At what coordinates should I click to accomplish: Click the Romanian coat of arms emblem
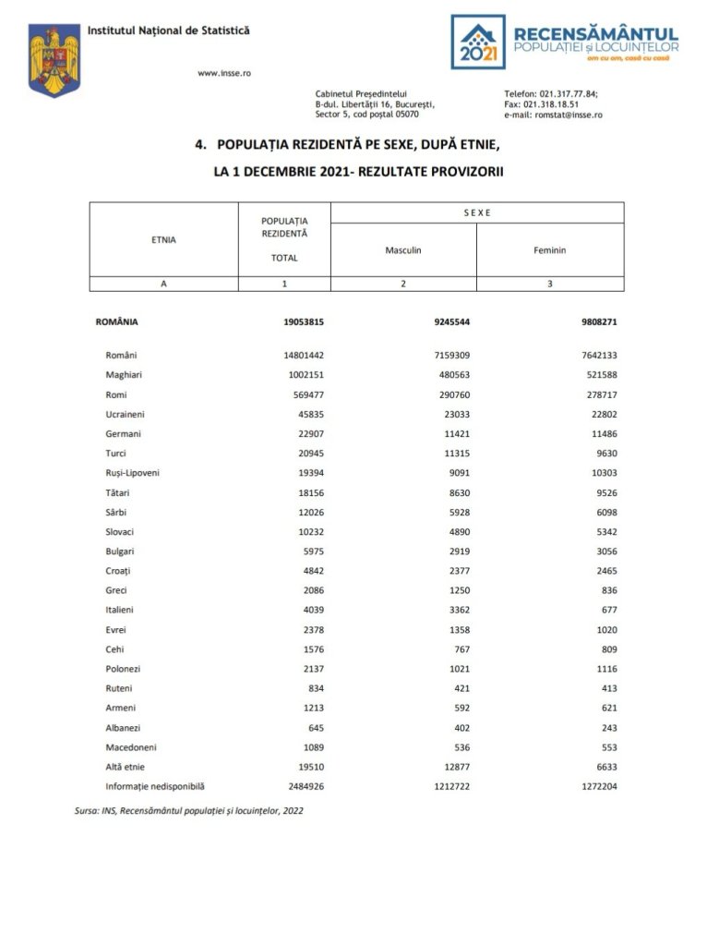54,60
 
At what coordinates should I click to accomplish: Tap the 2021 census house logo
478,42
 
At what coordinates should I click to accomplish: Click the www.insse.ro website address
225,73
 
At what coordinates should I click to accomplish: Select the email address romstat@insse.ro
567,115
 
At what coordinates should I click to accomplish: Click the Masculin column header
403,250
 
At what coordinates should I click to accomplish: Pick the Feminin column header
550,250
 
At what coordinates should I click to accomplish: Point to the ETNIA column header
163,240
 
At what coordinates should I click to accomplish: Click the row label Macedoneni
135,746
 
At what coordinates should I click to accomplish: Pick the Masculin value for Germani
458,433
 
